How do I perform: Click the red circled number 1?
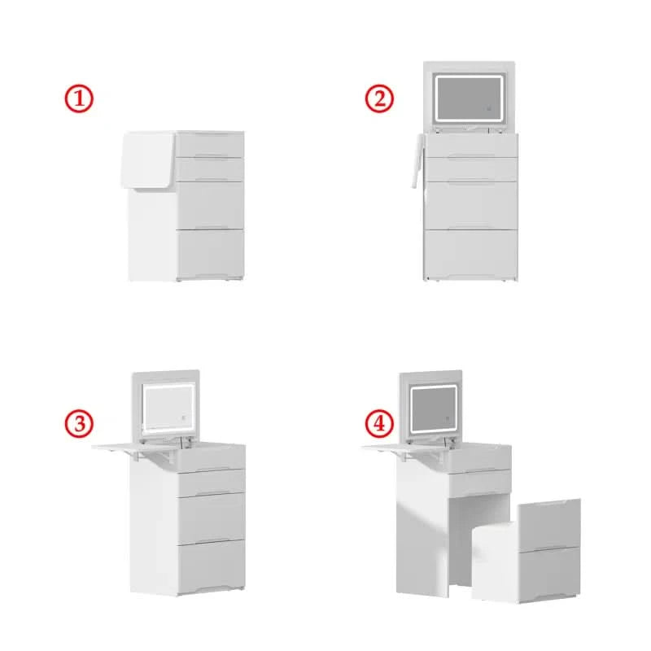click(x=79, y=98)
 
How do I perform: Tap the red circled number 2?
click(x=379, y=98)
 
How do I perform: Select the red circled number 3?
click(x=79, y=423)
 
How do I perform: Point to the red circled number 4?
click(x=379, y=423)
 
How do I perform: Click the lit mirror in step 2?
click(x=469, y=99)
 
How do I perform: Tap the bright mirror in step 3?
click(x=168, y=409)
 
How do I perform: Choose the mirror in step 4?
click(x=434, y=409)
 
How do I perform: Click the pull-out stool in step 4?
click(x=526, y=551)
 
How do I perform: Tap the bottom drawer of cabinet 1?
click(x=211, y=253)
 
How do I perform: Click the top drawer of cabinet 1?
click(x=210, y=145)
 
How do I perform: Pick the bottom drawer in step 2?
click(x=470, y=254)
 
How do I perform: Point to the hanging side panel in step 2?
click(x=417, y=160)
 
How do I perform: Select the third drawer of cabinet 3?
click(x=211, y=517)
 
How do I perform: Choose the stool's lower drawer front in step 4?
click(x=549, y=573)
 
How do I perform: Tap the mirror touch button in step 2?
click(x=489, y=109)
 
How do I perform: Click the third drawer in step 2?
click(x=470, y=206)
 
